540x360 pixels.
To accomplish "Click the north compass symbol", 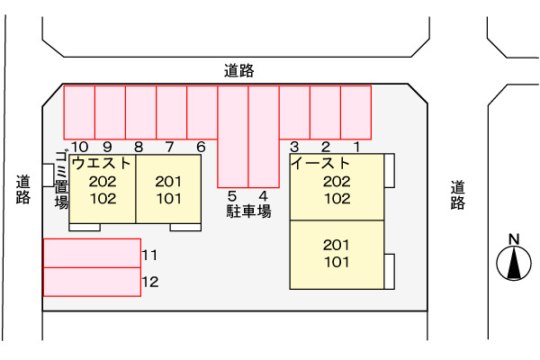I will pos(514,260).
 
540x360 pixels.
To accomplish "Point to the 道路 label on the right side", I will pos(458,195).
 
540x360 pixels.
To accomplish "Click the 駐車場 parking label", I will pos(247,211).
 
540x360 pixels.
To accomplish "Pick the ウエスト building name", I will pos(102,164).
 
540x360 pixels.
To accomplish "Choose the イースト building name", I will pos(321,164).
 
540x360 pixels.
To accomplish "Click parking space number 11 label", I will pos(149,255).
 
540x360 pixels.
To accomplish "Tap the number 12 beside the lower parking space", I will pos(149,283).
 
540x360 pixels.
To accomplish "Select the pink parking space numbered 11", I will pos(92,253).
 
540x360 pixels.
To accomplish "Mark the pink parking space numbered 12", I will pos(92,282).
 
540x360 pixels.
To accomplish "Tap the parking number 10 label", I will pos(79,147).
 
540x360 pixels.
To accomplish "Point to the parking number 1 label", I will pos(355,147).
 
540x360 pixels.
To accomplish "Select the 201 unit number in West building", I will pos(168,182).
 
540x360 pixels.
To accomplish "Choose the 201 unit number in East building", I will pos(336,245).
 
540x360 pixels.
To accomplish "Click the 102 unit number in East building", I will pos(336,199).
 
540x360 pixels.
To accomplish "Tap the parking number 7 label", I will pos(169,147).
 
